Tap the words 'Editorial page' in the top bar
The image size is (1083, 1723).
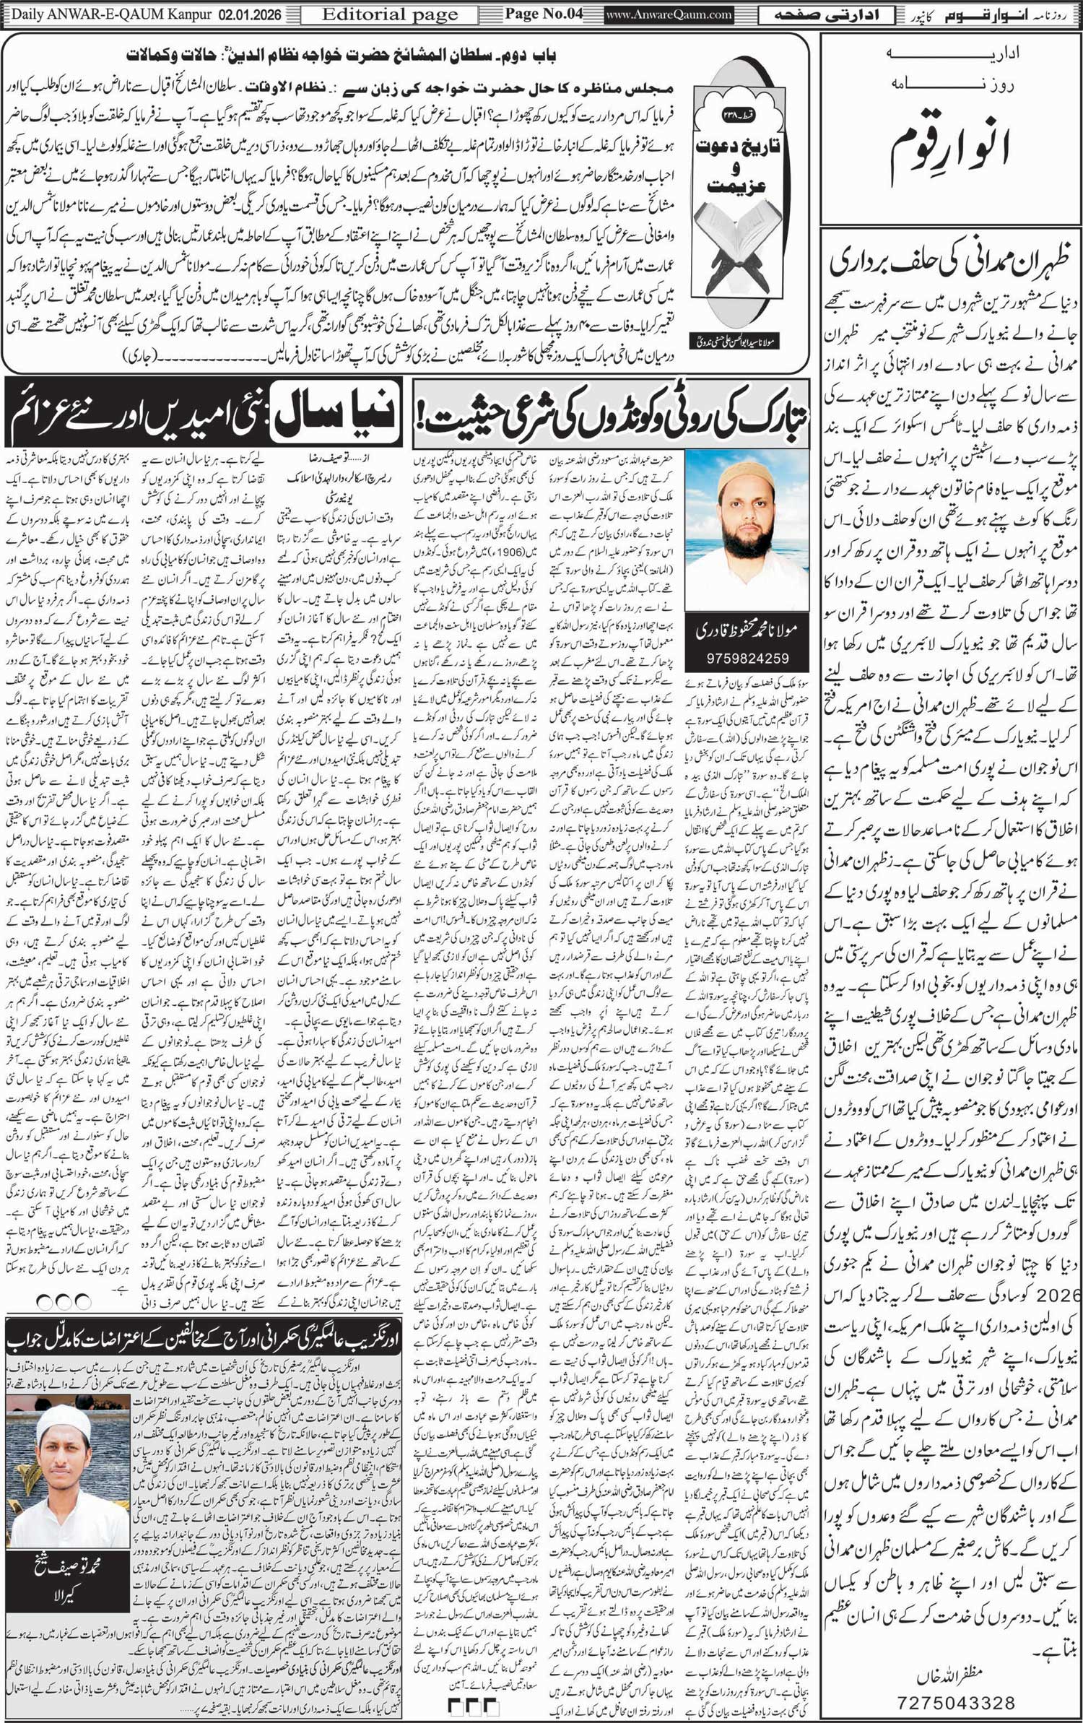click(389, 14)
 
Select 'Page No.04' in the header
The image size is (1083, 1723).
click(543, 14)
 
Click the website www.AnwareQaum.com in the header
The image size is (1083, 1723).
click(669, 14)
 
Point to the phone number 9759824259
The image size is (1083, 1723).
click(747, 658)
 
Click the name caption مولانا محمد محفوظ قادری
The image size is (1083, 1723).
click(747, 630)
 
